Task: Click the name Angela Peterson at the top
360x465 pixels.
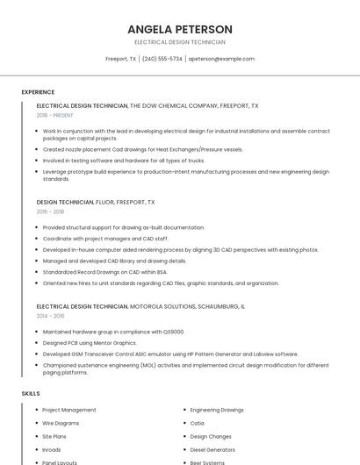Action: point(179,29)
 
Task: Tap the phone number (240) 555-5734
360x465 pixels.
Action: point(162,59)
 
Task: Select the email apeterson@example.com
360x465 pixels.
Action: point(221,59)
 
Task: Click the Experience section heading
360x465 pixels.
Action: point(38,92)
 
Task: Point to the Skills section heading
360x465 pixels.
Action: point(31,394)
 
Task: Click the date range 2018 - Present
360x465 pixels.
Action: point(55,115)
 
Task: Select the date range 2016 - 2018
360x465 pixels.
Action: point(50,211)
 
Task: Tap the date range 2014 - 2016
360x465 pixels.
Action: point(50,316)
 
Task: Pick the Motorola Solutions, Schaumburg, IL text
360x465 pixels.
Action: point(187,306)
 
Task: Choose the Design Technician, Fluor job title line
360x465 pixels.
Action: point(95,202)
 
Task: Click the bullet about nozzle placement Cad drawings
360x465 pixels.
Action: point(142,149)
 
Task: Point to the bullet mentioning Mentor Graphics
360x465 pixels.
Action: point(90,343)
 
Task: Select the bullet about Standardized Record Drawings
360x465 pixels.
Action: point(104,272)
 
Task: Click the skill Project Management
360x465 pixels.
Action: point(68,410)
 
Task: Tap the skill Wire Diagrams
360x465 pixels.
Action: point(61,423)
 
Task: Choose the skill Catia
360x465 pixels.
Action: point(197,423)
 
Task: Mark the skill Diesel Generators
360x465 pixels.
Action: point(212,449)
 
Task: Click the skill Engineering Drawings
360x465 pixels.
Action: point(217,410)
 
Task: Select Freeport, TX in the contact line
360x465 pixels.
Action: point(120,59)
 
